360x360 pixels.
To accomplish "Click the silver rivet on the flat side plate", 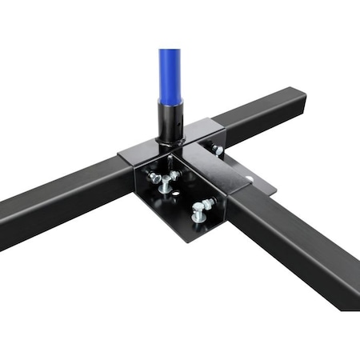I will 250,179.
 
